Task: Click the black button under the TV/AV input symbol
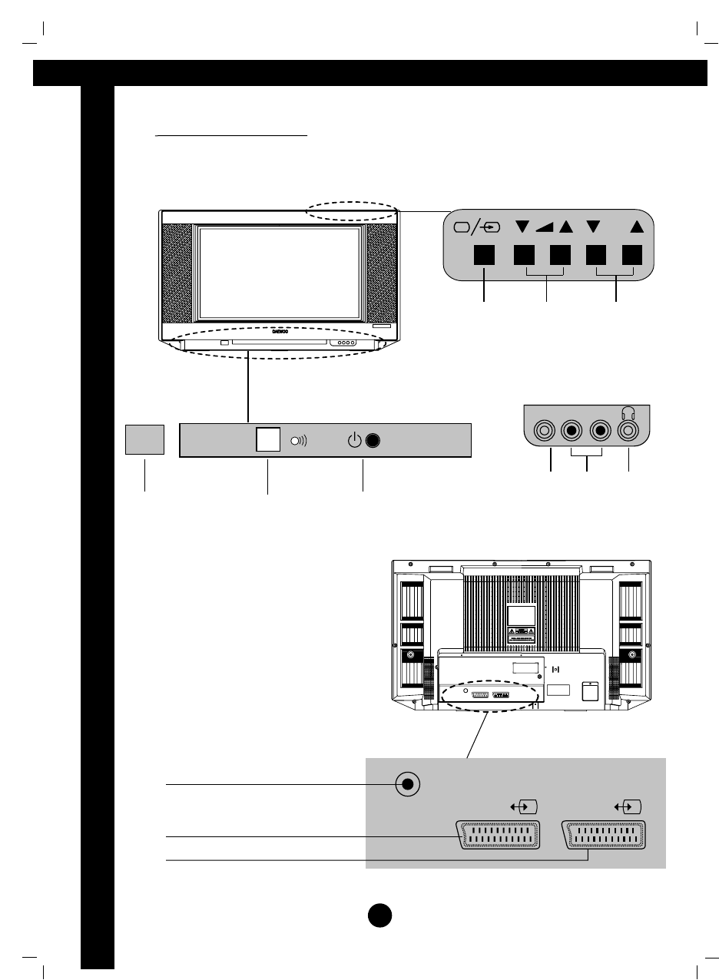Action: [x=484, y=256]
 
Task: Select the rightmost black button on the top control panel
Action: [x=631, y=256]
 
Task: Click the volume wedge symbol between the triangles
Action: [x=545, y=227]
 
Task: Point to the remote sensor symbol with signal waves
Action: [x=297, y=442]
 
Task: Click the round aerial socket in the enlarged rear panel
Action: [x=408, y=784]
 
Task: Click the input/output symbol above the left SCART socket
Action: [x=523, y=807]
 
